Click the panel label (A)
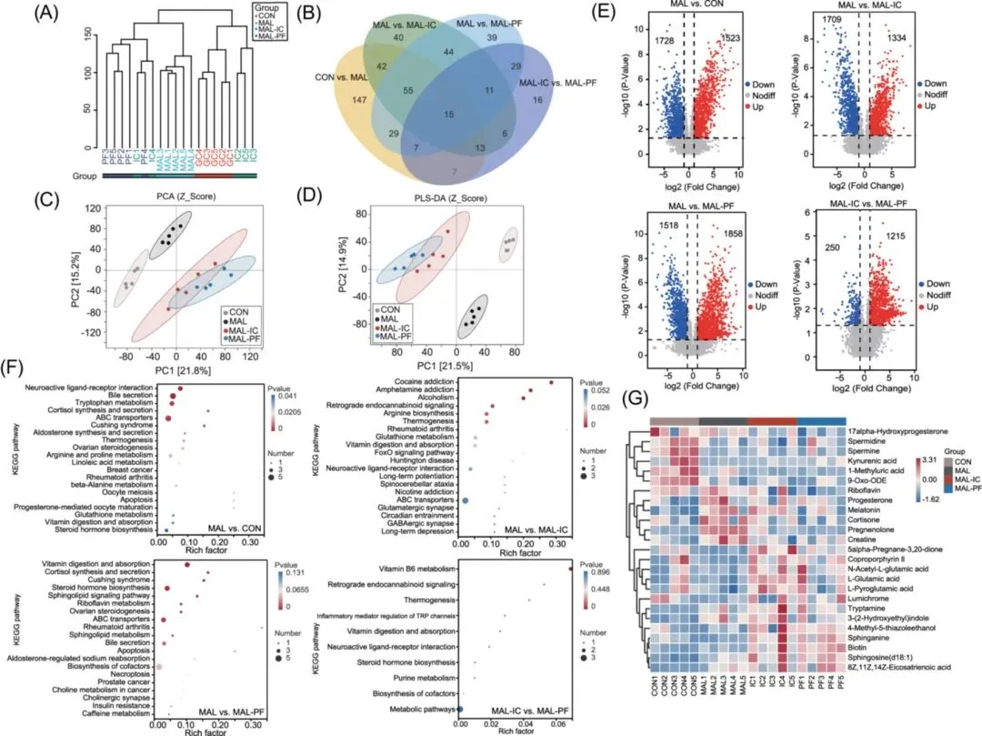click(x=48, y=16)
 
